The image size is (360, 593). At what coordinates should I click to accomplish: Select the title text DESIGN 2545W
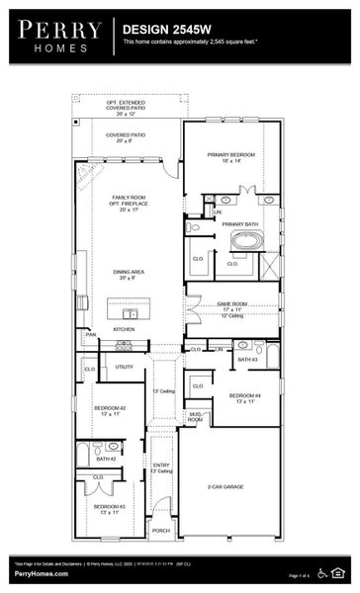point(163,31)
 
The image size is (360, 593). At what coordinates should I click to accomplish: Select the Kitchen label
point(123,328)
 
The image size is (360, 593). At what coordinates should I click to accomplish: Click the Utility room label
point(124,367)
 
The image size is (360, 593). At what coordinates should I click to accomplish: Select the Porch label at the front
point(161,531)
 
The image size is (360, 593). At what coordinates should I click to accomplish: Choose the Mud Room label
point(196,417)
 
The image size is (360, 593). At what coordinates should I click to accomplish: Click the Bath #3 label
point(246,360)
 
